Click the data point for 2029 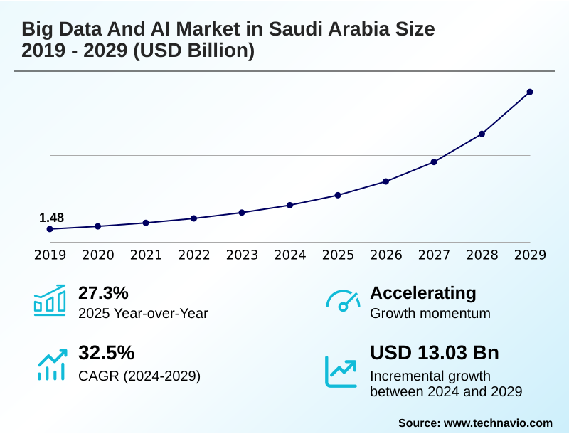coord(530,92)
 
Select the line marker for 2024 coord(289,205)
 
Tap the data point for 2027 coord(434,162)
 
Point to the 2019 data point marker coord(50,229)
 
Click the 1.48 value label coord(51,217)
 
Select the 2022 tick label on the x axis coord(193,255)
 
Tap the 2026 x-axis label coord(385,255)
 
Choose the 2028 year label coord(482,255)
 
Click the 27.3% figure coord(103,292)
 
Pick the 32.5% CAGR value coord(106,353)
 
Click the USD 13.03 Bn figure coord(435,353)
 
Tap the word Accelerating coord(423,292)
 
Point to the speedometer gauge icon coord(343,300)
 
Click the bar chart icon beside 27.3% coord(50,300)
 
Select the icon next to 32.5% coord(50,364)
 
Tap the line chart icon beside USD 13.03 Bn coord(341,371)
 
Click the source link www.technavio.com coord(498,423)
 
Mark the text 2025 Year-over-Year coord(143,313)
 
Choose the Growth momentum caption coord(430,313)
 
